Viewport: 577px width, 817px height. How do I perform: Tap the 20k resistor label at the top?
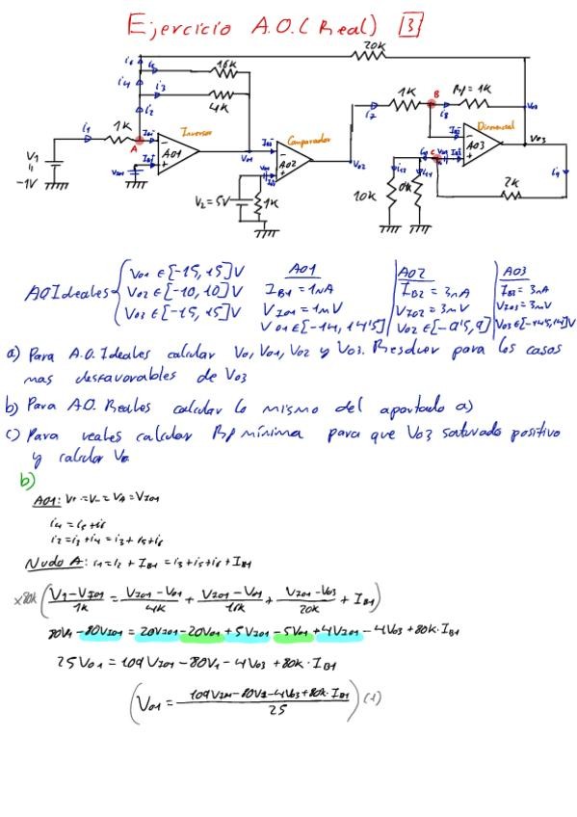tap(373, 45)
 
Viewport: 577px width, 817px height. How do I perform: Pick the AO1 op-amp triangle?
tap(176, 154)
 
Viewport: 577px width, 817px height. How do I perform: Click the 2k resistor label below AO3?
tap(510, 181)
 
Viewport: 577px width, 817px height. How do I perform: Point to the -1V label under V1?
tap(33, 184)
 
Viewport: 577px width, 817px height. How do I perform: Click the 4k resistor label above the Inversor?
tap(223, 108)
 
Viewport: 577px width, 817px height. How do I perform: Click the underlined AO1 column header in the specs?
tap(306, 270)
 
